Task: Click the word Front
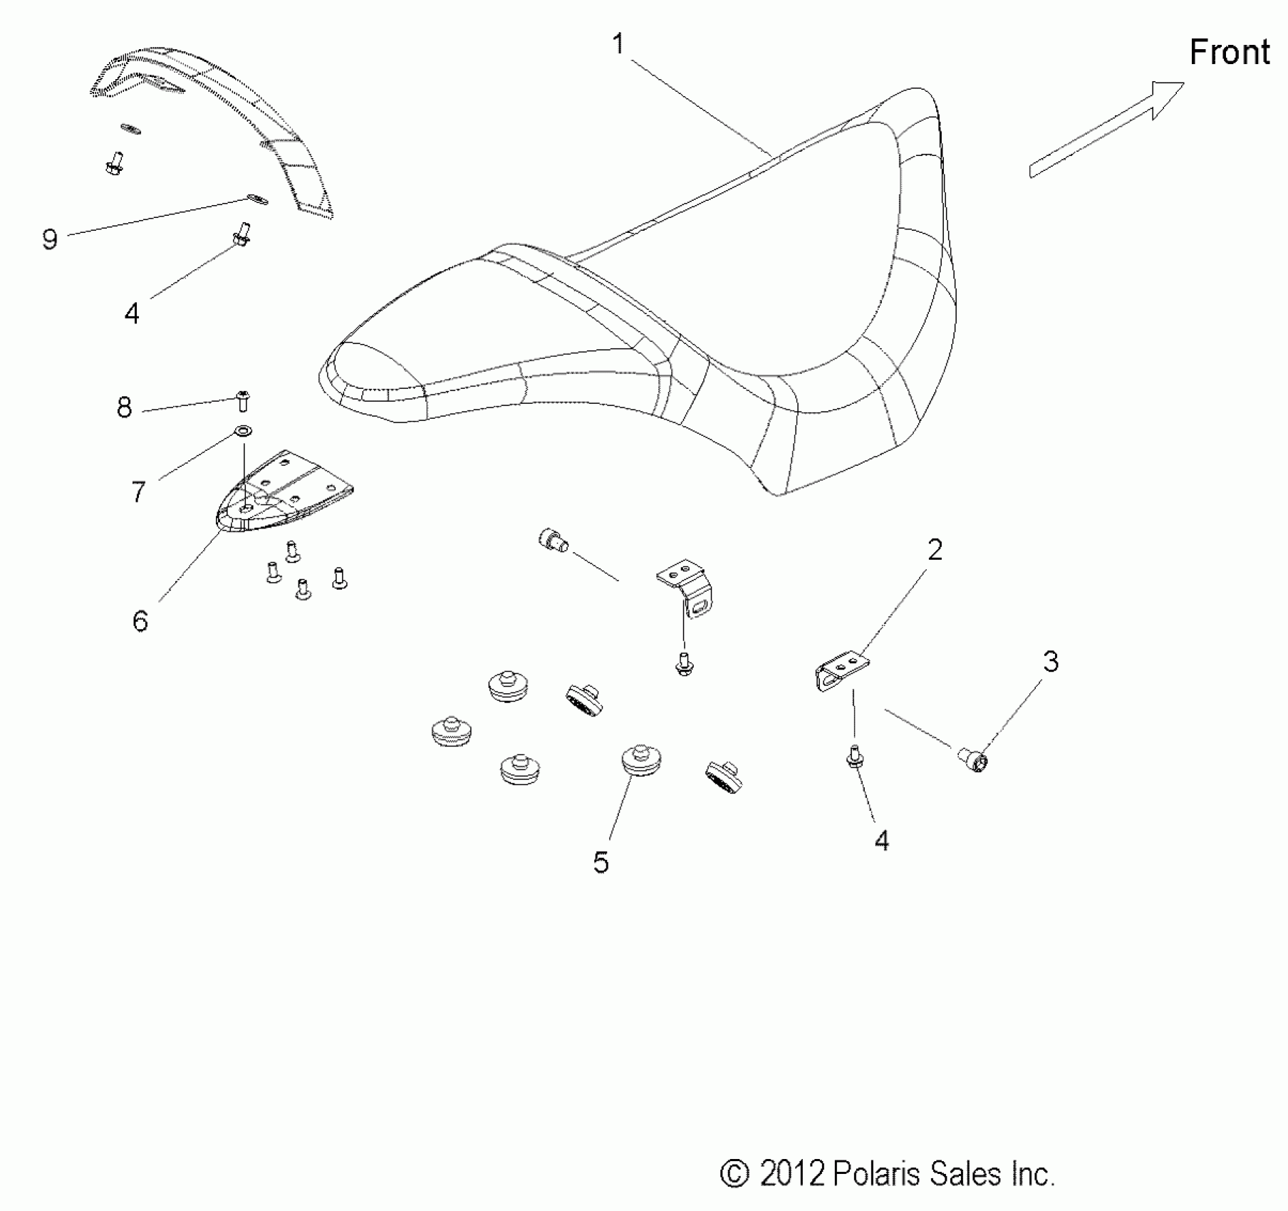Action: [1230, 53]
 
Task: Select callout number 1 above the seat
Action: [618, 44]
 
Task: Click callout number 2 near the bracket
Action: [935, 550]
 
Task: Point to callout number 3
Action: [1051, 662]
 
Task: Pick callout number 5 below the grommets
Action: [601, 863]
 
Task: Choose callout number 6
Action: [140, 621]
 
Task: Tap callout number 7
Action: [138, 492]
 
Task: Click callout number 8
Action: [125, 407]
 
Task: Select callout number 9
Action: [49, 239]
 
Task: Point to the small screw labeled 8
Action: [242, 400]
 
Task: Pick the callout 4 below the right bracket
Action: [882, 841]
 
